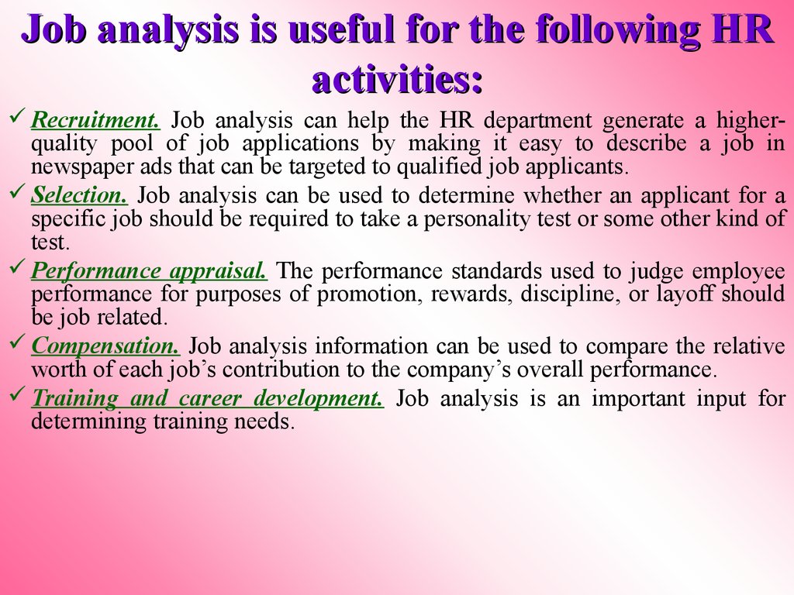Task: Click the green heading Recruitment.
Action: click(95, 121)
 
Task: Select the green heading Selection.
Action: click(79, 196)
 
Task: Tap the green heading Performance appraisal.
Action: click(150, 271)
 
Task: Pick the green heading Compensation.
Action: click(106, 346)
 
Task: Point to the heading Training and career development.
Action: click(207, 399)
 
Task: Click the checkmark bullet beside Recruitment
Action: click(19, 119)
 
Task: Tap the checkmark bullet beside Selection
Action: click(19, 194)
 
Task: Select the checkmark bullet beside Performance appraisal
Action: click(19, 269)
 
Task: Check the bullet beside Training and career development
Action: click(19, 397)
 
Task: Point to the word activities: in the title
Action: click(397, 79)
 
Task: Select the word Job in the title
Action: click(54, 31)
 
